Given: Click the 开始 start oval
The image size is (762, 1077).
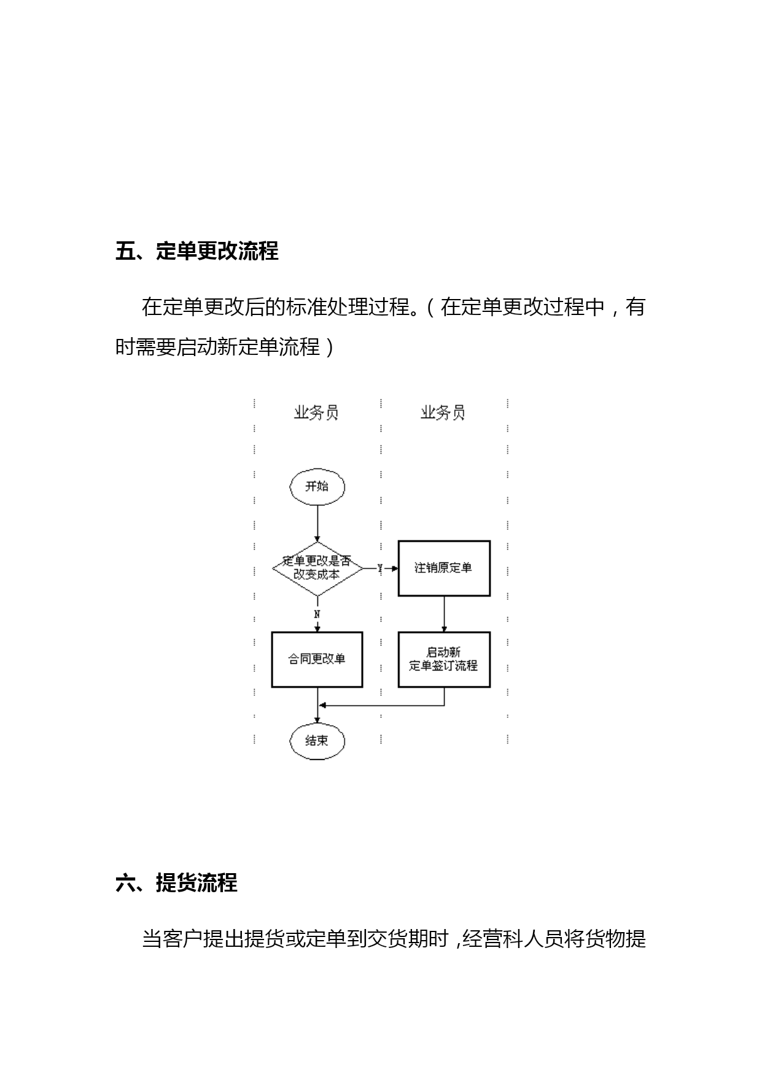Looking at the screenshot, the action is point(317,487).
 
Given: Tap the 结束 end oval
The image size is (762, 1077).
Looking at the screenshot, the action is point(317,741).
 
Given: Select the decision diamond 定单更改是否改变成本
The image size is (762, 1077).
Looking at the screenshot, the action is point(317,569).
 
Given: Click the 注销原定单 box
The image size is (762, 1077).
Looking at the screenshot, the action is point(444,569).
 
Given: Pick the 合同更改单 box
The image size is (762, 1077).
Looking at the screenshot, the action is point(317,659).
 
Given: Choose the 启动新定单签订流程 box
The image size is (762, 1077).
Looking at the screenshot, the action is point(444,659).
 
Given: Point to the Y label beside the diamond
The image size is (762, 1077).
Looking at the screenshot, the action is point(379,569).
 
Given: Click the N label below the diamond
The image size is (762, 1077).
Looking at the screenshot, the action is point(317,614).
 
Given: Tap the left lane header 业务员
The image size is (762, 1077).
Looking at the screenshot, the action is point(316,413).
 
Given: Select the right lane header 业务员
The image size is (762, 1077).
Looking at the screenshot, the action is point(443,413).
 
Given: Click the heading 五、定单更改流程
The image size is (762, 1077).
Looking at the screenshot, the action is point(197,251).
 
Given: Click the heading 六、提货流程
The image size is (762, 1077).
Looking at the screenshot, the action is point(177,883).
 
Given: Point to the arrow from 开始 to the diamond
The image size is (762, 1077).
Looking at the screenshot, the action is point(317,524).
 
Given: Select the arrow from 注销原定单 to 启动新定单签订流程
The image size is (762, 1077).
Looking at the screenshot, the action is point(444,614).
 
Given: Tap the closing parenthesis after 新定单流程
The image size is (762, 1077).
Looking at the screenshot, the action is point(329,348).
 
